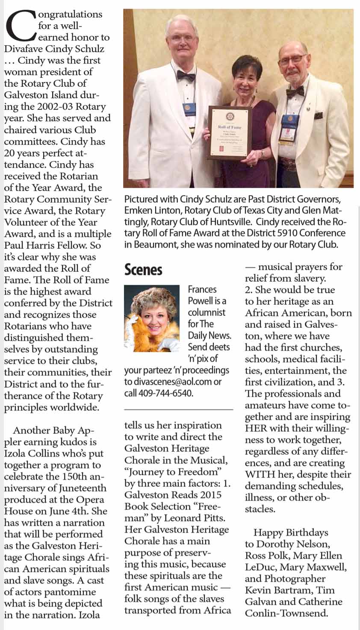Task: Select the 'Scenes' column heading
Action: coord(143,270)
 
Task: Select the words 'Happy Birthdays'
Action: coord(291,533)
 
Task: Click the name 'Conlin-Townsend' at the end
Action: coord(286,613)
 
